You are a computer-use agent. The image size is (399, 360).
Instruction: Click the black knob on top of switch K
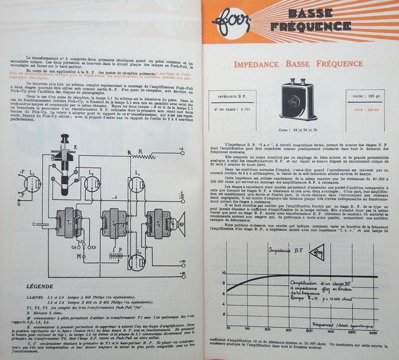65,138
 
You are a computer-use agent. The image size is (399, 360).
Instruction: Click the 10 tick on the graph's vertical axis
223,273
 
